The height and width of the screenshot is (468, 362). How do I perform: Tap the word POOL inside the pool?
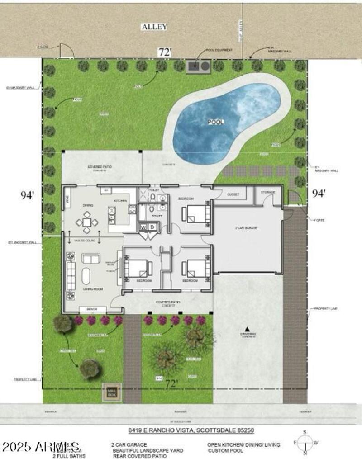tap(216, 122)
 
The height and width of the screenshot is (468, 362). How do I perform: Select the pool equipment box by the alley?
tap(198, 66)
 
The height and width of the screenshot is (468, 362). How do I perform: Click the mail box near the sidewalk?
tap(111, 392)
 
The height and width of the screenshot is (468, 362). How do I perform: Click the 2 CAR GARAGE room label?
tap(246, 228)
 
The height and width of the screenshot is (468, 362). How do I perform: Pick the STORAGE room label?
tap(268, 192)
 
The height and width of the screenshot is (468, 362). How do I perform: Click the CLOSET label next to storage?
tap(233, 194)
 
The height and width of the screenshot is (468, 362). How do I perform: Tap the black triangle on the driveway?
tap(248, 329)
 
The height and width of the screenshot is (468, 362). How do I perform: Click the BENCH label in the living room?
tap(93, 309)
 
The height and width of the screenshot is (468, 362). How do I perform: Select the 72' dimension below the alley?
tap(165, 52)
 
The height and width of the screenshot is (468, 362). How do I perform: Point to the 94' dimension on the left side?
tap(28, 195)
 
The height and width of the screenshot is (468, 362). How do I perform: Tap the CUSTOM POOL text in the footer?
tap(225, 451)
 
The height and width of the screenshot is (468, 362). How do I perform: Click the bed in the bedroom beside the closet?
tap(197, 214)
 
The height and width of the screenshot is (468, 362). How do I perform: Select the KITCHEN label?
tap(121, 201)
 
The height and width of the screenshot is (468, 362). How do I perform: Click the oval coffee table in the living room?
tap(86, 275)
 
